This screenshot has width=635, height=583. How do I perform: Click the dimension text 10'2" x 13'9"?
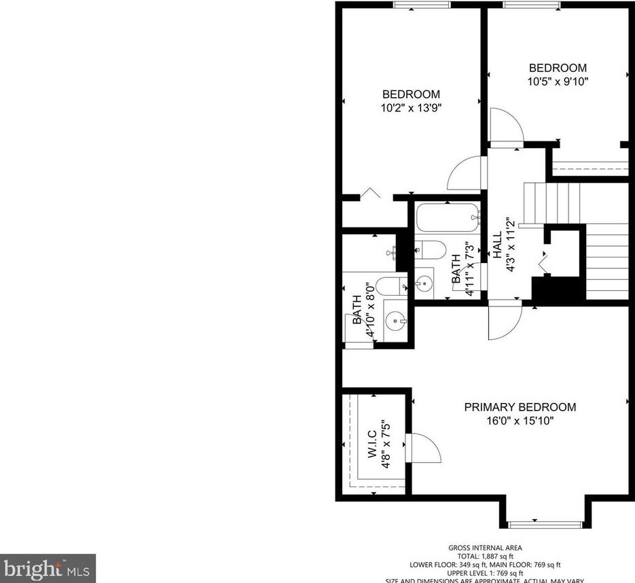(411, 107)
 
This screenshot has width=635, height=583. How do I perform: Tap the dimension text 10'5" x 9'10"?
(558, 82)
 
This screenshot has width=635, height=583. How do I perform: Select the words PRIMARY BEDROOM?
(520, 407)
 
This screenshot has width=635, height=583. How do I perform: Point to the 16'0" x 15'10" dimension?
(520, 421)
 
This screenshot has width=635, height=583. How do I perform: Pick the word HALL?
(497, 245)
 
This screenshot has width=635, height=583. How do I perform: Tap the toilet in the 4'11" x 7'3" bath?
(429, 249)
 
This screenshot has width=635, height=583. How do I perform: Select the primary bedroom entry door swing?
(503, 321)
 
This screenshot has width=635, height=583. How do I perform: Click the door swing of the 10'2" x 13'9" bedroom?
(467, 174)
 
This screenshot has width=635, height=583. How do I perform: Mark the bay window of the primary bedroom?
(545, 523)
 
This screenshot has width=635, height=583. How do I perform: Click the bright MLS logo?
(48, 568)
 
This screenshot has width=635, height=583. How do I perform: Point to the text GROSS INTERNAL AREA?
(485, 548)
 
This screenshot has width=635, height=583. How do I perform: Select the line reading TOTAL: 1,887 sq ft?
(485, 556)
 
